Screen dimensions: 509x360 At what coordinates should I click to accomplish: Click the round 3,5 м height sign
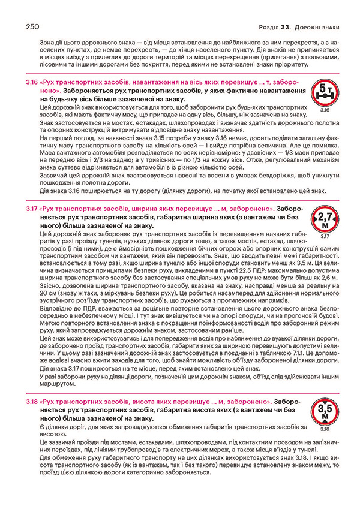pyautogui.click(x=323, y=411)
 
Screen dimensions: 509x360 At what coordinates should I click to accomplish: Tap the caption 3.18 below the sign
pyautogui.click(x=323, y=429)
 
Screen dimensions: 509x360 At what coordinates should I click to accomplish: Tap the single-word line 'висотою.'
pyautogui.click(x=50, y=433)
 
